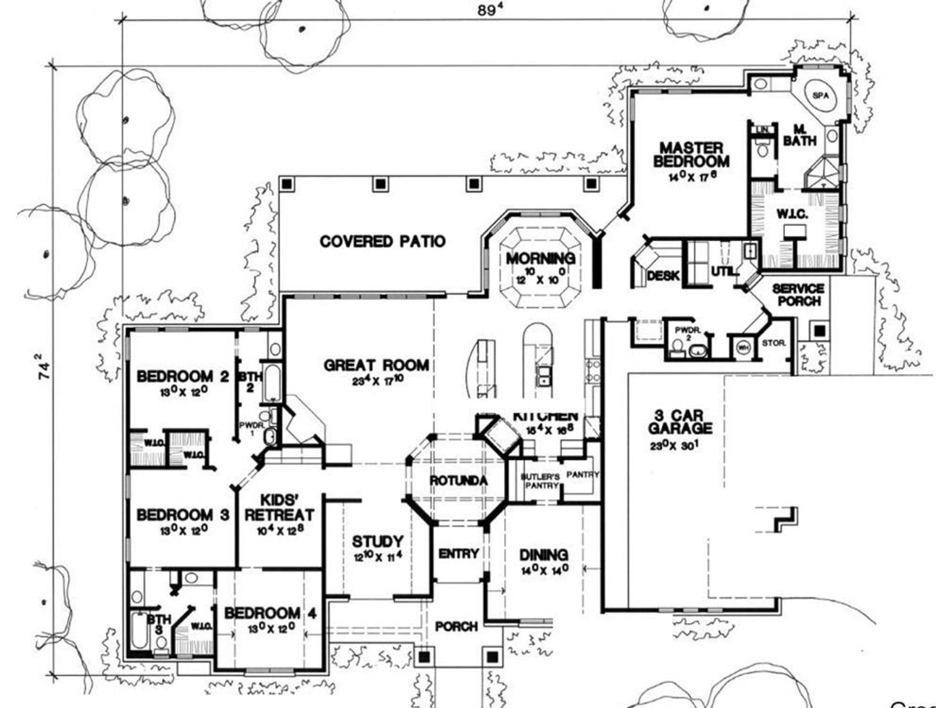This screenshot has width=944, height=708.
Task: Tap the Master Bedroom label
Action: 691,154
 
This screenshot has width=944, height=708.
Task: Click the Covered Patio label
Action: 382,242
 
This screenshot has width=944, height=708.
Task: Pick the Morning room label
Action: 540,259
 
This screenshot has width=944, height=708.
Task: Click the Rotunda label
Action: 458,481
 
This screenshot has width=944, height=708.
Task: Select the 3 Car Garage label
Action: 680,422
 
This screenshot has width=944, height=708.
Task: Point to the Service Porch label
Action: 798,295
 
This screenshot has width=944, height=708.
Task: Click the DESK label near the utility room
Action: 663,276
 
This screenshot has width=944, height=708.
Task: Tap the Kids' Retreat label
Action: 279,507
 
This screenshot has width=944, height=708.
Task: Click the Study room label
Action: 378,541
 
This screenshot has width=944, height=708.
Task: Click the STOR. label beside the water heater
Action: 774,343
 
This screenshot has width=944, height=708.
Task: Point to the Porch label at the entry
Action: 456,626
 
